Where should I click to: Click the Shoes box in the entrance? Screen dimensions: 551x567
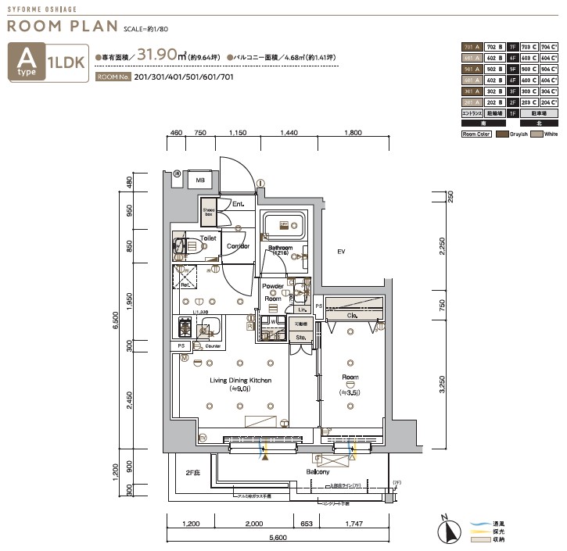point(209,212)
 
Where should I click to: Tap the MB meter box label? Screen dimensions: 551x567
point(200,179)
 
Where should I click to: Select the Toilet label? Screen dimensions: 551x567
point(208,238)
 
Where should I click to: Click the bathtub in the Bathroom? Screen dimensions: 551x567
point(284,226)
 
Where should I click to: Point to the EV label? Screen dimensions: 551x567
point(341,252)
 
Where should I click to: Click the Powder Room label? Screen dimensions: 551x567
point(273,292)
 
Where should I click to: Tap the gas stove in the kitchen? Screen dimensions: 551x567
point(187,327)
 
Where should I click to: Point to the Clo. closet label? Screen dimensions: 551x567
point(352,315)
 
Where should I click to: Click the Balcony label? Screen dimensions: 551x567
point(318,472)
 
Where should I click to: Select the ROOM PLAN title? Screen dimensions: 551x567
point(63,26)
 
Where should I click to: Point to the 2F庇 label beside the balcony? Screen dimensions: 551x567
point(192,473)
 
